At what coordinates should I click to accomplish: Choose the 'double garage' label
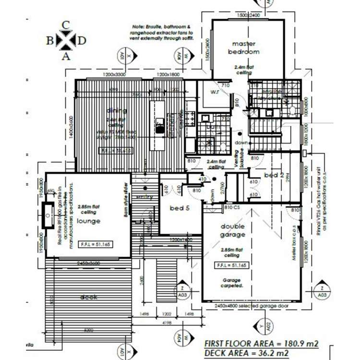click(233, 230)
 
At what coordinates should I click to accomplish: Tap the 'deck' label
click(89, 297)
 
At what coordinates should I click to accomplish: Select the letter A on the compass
click(66, 56)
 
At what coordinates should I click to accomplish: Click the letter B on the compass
click(50, 41)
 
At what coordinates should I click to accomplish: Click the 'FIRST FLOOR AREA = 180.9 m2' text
click(262, 343)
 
